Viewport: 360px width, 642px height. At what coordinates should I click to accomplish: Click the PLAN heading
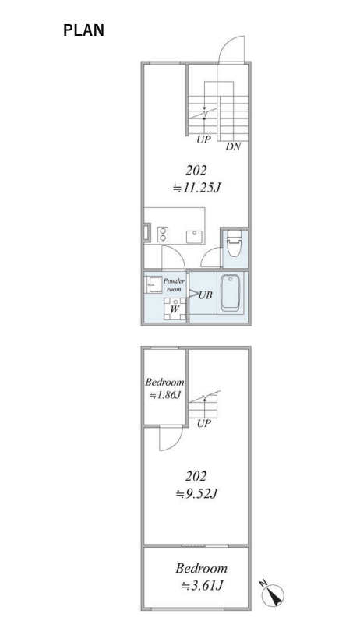[83, 30]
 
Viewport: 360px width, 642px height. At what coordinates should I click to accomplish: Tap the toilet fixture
[235, 243]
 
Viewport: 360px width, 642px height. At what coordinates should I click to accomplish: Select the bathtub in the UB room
[230, 293]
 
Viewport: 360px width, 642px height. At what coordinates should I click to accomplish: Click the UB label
[205, 295]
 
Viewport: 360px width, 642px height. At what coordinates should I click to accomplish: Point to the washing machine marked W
[175, 309]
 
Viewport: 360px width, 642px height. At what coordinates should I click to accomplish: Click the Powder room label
[174, 285]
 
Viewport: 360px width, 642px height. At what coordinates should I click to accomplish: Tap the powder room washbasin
[154, 284]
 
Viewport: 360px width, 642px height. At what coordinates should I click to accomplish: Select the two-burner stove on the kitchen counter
[163, 235]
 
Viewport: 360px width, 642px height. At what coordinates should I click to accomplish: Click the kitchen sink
[194, 237]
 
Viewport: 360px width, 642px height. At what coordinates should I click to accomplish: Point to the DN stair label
[233, 146]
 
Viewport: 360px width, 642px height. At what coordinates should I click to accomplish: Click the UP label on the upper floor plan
[203, 139]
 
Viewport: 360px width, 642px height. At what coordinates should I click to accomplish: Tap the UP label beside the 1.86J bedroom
[204, 424]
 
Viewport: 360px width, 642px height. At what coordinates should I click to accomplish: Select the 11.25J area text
[196, 188]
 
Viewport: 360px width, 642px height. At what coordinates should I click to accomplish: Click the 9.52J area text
[196, 494]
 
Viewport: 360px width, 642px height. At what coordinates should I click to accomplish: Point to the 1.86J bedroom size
[164, 395]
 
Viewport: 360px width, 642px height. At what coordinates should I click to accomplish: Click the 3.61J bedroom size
[202, 586]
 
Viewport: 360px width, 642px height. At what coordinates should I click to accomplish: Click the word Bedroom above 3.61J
[201, 568]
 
